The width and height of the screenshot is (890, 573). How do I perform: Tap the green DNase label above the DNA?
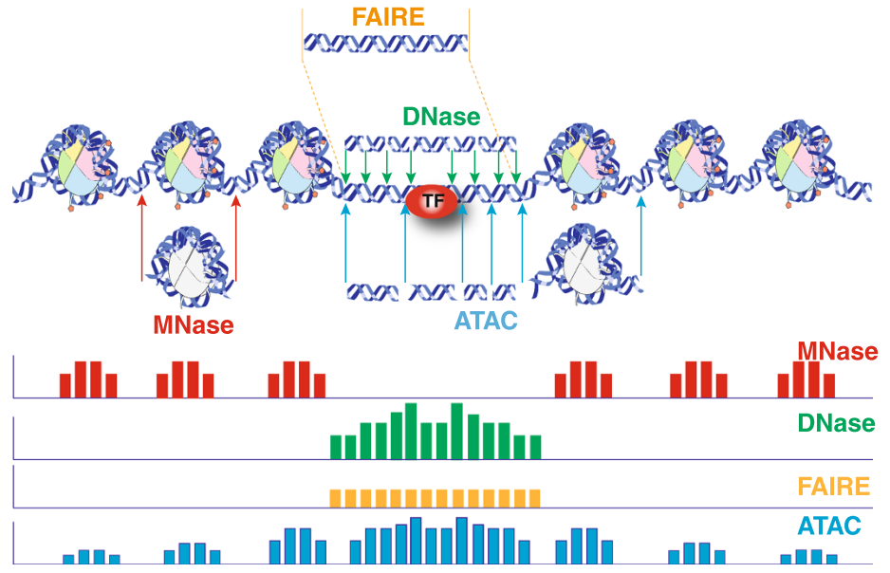pyautogui.click(x=441, y=117)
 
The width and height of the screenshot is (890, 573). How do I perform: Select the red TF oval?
pyautogui.click(x=432, y=201)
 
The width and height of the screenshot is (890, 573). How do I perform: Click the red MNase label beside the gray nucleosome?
pyautogui.click(x=194, y=324)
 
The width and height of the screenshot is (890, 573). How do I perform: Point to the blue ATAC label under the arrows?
pyautogui.click(x=485, y=321)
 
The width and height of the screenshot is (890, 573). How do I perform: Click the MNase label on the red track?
pyautogui.click(x=837, y=351)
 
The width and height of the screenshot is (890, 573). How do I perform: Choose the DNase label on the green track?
pyautogui.click(x=836, y=421)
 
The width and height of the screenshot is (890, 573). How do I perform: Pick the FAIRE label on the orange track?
pyautogui.click(x=834, y=487)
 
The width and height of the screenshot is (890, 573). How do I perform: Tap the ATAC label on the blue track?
pyautogui.click(x=829, y=525)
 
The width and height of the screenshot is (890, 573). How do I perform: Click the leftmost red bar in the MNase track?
pyautogui.click(x=65, y=385)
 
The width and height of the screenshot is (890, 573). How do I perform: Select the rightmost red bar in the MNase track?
pyautogui.click(x=829, y=385)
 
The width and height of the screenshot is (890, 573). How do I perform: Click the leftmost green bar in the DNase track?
pyautogui.click(x=336, y=446)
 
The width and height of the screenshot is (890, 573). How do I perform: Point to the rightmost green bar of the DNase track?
pyautogui.click(x=535, y=446)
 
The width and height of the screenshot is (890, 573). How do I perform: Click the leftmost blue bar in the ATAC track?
pyautogui.click(x=68, y=559)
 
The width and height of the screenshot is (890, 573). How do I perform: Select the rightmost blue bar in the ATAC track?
pyautogui.click(x=832, y=559)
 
